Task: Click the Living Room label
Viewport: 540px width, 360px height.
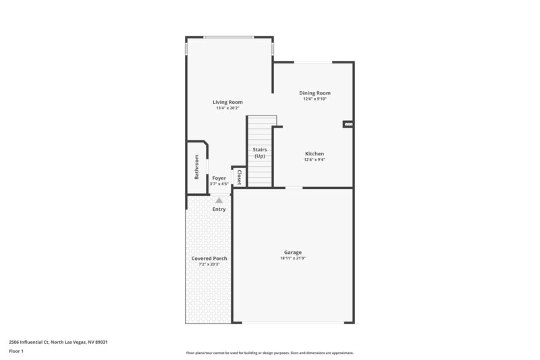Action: tap(228, 102)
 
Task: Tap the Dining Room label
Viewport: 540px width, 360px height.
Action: tap(315, 93)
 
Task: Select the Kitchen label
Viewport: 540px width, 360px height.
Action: tap(315, 153)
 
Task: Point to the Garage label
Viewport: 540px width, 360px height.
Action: tap(292, 252)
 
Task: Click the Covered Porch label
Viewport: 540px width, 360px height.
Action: tap(209, 258)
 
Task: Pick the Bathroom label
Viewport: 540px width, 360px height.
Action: tap(196, 166)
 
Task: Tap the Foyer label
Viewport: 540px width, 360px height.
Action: tap(219, 178)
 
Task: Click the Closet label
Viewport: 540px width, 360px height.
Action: tap(238, 177)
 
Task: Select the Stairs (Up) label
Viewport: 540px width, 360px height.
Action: tap(259, 153)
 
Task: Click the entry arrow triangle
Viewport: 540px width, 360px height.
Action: tap(219, 201)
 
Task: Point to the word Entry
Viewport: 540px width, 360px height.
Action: tap(219, 209)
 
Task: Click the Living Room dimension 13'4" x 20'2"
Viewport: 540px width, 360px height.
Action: tap(228, 108)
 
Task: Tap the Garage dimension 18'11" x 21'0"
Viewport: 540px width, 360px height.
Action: tap(292, 258)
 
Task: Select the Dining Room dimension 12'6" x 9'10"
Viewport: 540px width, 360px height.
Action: tap(315, 99)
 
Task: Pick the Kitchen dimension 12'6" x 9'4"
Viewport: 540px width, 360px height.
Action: tap(315, 160)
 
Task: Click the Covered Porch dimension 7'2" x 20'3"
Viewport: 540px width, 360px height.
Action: tap(209, 264)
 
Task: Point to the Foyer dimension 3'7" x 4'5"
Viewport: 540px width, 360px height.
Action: tap(219, 184)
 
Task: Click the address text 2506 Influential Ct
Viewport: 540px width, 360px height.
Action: tap(57, 342)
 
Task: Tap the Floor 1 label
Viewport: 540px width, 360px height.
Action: tap(16, 351)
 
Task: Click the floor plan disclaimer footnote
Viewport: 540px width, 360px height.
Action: tap(269, 353)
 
